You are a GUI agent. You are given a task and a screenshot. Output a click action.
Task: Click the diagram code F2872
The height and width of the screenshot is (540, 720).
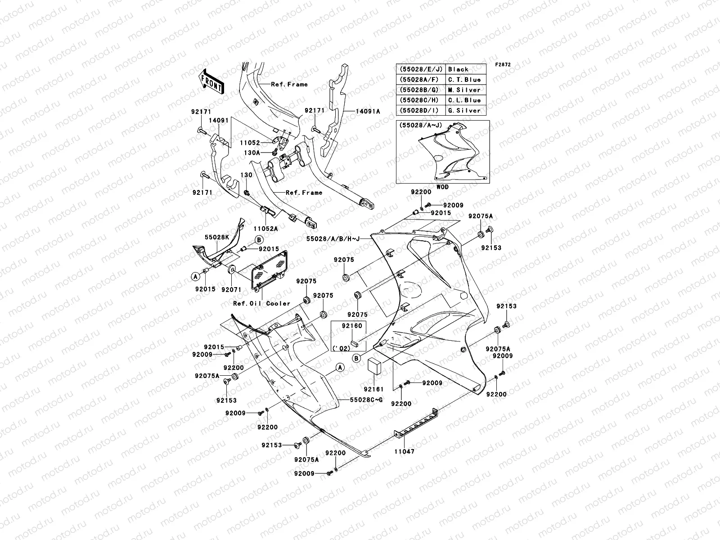[x=503, y=65]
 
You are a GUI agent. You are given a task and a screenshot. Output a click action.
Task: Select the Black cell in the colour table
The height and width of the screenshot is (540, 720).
[x=458, y=69]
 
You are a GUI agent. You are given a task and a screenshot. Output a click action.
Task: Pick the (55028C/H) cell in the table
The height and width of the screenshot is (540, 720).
[x=420, y=100]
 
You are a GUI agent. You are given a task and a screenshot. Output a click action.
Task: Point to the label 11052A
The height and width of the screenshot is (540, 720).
[x=265, y=229]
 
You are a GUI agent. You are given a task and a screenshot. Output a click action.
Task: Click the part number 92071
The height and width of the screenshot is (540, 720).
[x=232, y=290]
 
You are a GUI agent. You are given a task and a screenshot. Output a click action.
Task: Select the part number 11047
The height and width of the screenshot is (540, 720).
[x=404, y=451]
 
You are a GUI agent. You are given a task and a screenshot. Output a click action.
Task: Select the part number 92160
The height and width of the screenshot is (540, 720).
[x=352, y=326]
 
